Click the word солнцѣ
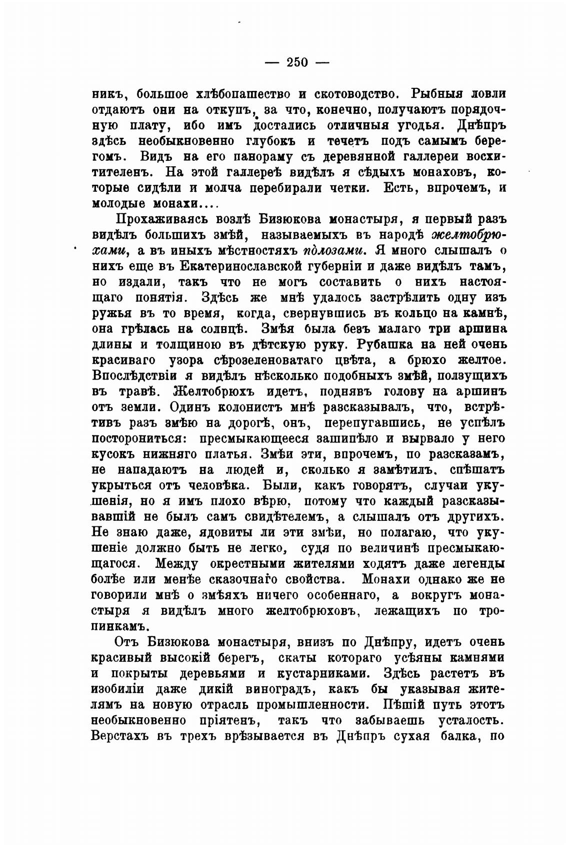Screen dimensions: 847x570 click(x=227, y=329)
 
